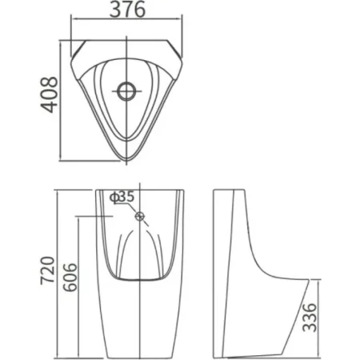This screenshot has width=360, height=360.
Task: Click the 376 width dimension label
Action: tap(127, 10)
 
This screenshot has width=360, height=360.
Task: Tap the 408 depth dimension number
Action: tap(49, 94)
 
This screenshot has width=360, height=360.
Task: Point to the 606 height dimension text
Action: tap(70, 278)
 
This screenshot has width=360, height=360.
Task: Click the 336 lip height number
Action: tap(310, 317)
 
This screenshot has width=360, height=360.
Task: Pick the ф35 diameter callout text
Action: tap(122, 197)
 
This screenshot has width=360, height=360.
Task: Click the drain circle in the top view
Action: tap(126, 91)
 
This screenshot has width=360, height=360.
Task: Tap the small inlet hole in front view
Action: tap(140, 216)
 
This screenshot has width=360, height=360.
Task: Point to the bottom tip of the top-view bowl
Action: tap(126, 161)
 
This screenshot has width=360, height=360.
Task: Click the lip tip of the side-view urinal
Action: tap(309, 280)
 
